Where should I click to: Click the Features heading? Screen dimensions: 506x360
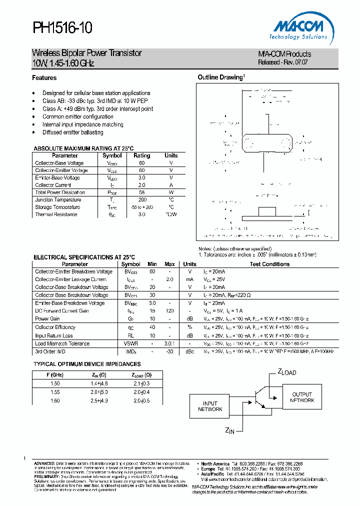[44, 78]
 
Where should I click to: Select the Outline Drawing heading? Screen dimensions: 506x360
[221, 77]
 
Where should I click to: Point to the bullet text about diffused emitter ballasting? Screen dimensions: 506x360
[72, 132]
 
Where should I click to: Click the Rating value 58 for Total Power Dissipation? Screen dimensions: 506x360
[141, 192]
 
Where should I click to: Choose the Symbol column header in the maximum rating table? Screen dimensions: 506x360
[112, 155]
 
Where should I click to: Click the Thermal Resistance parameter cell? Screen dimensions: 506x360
[56, 214]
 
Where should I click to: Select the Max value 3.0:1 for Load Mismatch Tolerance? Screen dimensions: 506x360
[169, 343]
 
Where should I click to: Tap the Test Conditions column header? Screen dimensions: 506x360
[269, 264]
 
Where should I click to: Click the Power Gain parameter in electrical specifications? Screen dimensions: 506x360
[47, 318]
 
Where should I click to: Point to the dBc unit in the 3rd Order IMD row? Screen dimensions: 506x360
[189, 352]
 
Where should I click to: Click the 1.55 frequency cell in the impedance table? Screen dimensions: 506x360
[55, 392]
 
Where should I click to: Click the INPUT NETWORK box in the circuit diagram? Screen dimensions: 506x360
[210, 406]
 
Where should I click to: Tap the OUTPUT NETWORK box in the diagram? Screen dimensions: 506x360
[302, 397]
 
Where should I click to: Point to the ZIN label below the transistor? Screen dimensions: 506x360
[230, 430]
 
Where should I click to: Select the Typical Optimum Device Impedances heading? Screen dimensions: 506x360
[87, 364]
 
